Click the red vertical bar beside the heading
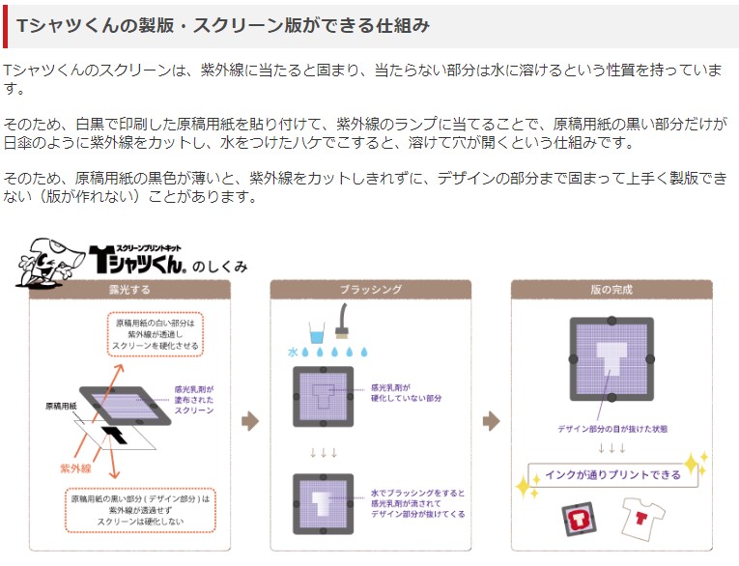tap(6, 26)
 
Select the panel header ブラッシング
tap(370, 289)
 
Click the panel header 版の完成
tap(611, 289)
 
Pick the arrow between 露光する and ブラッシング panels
tap(250, 420)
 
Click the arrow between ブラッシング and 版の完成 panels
tap(491, 420)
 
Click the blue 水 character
tap(293, 352)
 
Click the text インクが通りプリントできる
tap(612, 474)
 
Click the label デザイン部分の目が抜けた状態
tap(612, 428)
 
